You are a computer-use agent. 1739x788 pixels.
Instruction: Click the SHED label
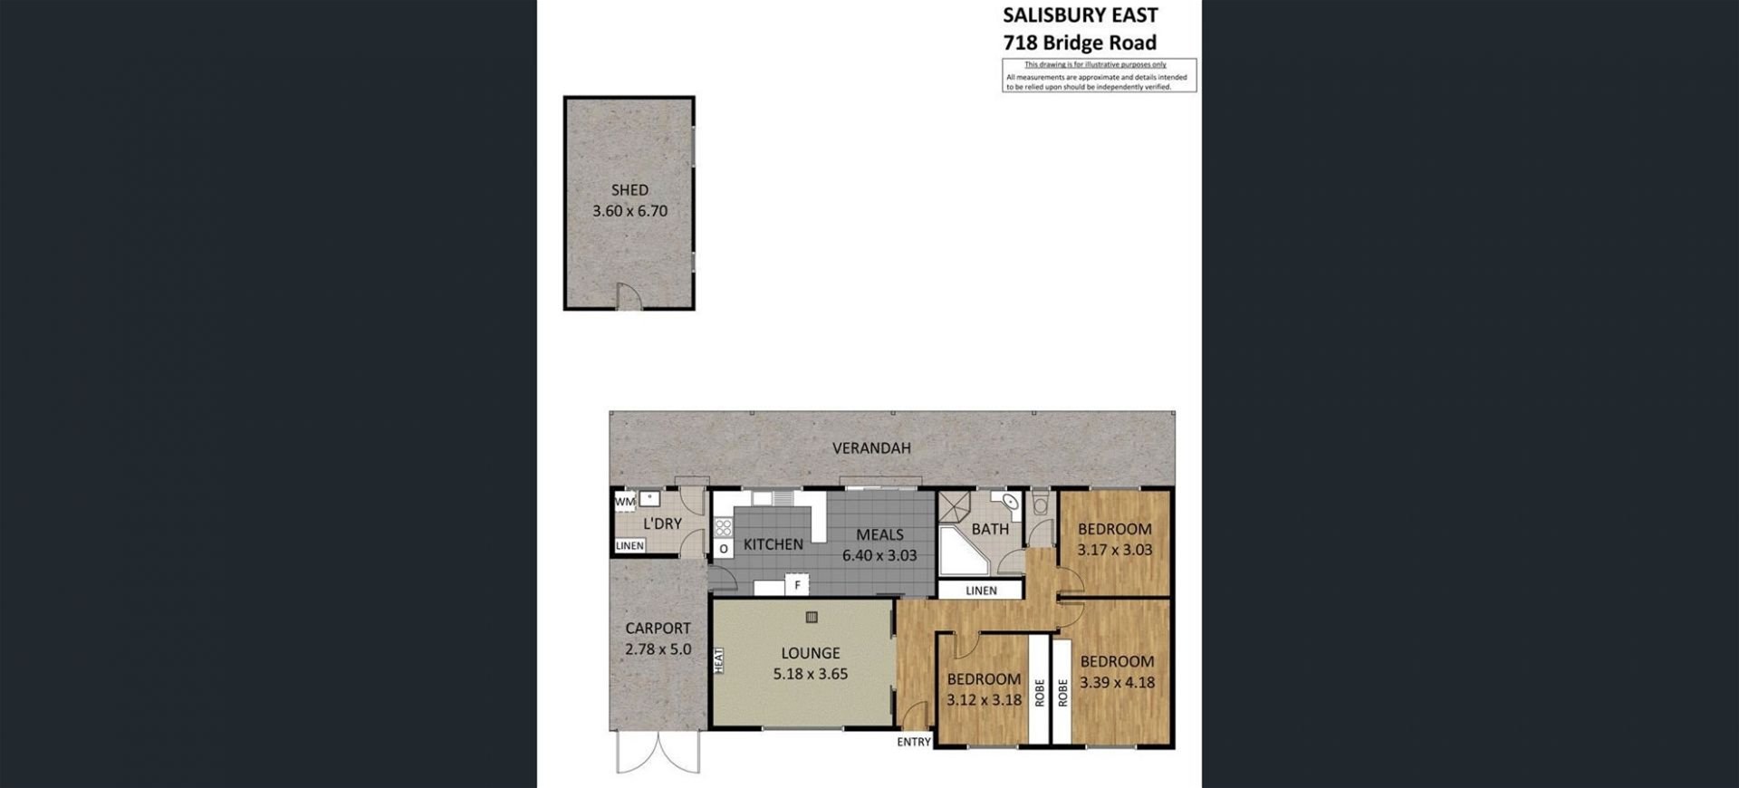pos(629,190)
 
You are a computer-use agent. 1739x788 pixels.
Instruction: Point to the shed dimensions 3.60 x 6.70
pos(629,211)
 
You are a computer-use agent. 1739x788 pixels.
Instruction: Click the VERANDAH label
pos(871,447)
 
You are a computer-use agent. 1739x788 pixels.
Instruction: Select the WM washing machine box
pos(625,501)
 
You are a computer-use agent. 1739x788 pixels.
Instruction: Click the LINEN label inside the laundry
pos(629,545)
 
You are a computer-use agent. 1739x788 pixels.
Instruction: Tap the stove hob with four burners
pos(723,527)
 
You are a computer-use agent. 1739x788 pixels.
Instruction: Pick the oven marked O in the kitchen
pos(724,549)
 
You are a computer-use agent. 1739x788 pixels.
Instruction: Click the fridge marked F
pos(797,585)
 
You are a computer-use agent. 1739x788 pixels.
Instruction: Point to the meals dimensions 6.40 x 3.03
pos(879,555)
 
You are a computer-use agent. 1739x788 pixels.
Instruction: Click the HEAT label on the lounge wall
pos(719,659)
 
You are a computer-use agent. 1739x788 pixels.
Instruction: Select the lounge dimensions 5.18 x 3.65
pos(811,674)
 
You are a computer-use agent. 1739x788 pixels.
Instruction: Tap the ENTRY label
pos(914,742)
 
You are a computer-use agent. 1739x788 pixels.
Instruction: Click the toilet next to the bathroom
pos(1040,502)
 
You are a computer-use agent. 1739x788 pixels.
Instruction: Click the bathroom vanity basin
pos(1006,503)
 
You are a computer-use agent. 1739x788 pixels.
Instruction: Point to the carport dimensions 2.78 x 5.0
pos(658,649)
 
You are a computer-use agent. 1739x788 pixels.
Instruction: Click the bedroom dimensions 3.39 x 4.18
pos(1117,683)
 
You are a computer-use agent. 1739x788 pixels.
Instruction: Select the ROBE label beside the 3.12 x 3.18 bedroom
pos(1039,693)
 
